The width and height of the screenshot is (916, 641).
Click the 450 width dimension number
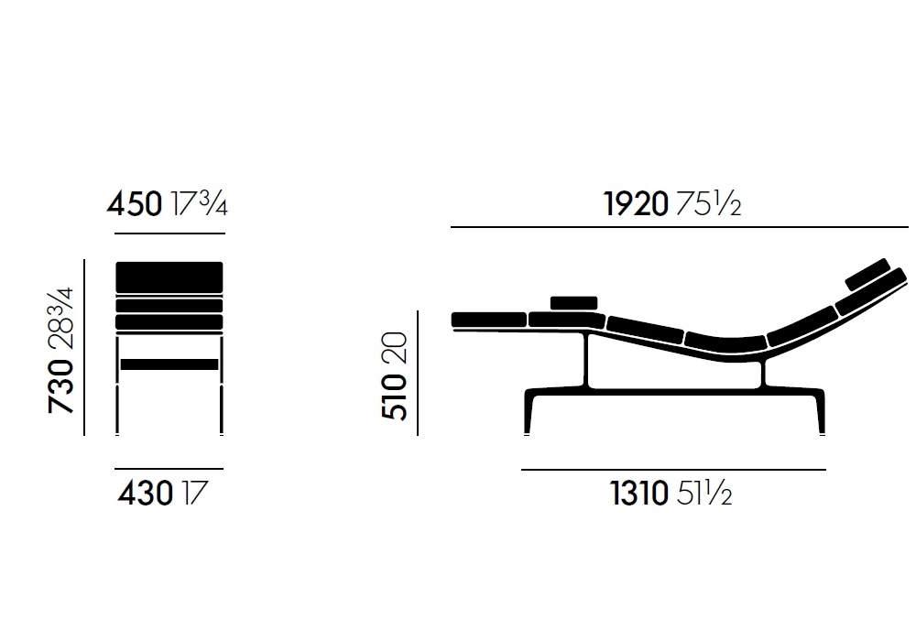[x=135, y=204]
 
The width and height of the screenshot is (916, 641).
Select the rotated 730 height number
[x=61, y=386]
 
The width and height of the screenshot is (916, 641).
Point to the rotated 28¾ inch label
[x=61, y=318]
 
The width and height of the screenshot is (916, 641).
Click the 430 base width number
[x=146, y=493]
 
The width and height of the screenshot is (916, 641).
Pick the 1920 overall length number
[x=636, y=204]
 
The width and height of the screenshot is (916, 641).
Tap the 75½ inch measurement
[x=709, y=204]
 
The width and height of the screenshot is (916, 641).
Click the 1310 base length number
[x=639, y=493]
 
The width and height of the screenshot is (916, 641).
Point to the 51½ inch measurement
[x=704, y=493]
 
